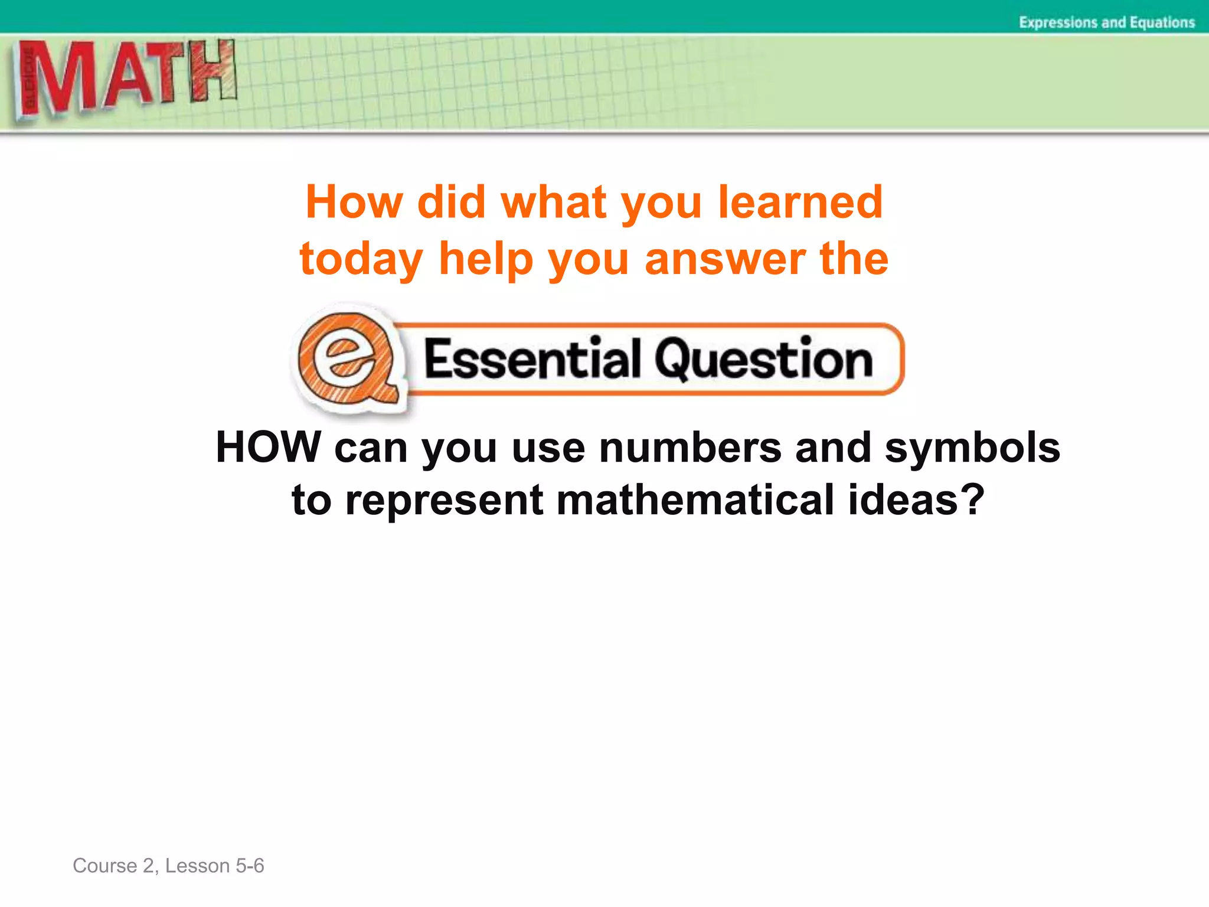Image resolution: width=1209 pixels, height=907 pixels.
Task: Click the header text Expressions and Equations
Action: tap(1106, 22)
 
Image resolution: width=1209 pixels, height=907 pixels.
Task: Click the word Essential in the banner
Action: tap(531, 359)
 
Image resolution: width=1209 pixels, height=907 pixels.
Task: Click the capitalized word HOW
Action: tap(268, 447)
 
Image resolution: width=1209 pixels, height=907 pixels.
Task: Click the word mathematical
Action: tap(696, 500)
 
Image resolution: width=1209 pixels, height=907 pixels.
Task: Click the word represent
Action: tap(444, 501)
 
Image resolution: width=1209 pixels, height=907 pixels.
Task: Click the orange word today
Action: tap(361, 260)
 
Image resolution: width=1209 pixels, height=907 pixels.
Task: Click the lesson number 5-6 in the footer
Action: tap(250, 866)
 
